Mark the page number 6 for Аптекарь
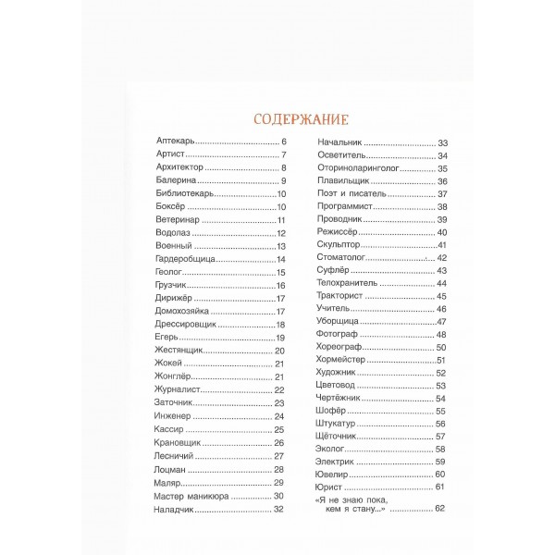(x=284, y=142)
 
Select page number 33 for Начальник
(x=441, y=142)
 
